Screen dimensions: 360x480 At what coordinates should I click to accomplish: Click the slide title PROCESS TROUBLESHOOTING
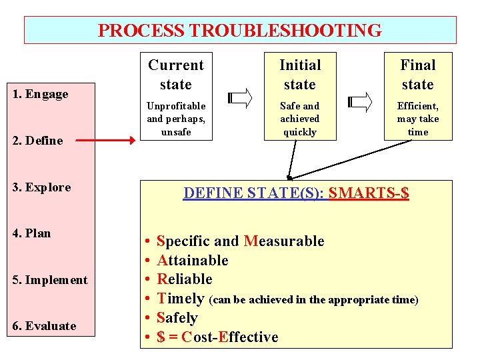click(240, 31)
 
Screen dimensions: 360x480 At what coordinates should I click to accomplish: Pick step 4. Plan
click(32, 233)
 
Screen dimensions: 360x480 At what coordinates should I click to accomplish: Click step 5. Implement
click(50, 280)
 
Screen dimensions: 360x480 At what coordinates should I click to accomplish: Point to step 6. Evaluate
click(44, 326)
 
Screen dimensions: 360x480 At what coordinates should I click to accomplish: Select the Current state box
click(176, 97)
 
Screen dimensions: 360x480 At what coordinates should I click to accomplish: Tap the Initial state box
click(300, 97)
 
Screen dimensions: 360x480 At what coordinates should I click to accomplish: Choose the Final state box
click(418, 97)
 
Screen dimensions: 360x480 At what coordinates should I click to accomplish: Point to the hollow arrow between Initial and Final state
click(360, 101)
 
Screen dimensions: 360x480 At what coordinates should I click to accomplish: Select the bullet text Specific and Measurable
click(240, 241)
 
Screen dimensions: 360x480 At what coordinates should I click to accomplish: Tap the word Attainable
click(192, 260)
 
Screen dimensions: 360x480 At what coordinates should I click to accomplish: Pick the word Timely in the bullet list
click(180, 299)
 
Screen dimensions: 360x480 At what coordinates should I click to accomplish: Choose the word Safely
click(177, 318)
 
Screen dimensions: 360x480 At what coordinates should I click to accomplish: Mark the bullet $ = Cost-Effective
click(217, 337)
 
